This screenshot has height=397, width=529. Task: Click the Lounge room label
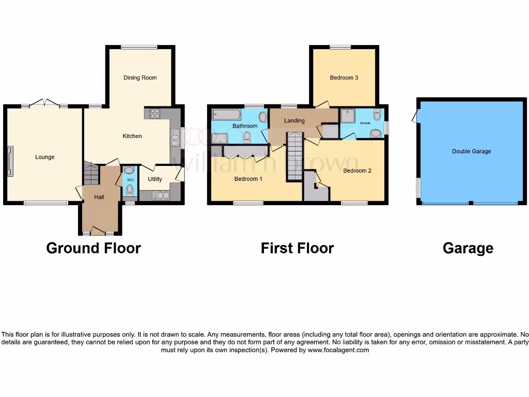pos(45,157)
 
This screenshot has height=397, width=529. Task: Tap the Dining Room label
pos(140,78)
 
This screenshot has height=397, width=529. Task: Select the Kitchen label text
pos(132,136)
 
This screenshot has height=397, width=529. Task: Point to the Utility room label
pos(155,179)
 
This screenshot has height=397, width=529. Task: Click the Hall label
pos(99,197)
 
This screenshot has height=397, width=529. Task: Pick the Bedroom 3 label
pos(344,78)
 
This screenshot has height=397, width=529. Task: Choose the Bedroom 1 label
pos(248,179)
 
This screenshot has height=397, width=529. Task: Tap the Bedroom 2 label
pos(357,171)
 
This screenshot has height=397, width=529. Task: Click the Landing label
pos(294,120)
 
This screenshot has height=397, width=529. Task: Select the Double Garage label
pos(471,151)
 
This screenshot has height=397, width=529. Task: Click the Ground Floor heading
pos(94,248)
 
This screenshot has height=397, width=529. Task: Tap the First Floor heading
pos(297,248)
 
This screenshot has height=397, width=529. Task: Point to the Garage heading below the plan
pos(468,248)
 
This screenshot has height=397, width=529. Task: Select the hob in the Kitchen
pos(154,114)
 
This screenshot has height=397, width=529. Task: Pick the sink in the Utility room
pos(161,195)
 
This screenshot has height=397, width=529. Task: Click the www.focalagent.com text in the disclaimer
pos(338,350)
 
